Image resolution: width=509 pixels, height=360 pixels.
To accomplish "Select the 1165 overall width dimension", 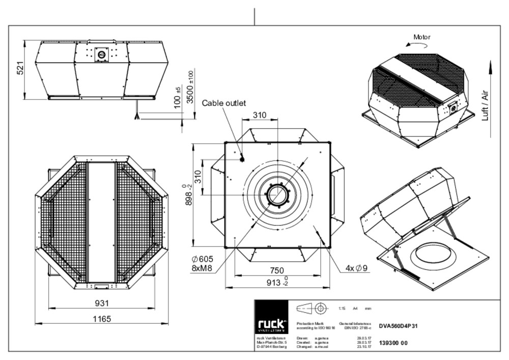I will [x=102, y=319].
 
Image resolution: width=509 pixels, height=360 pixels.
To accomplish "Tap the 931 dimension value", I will [x=102, y=303].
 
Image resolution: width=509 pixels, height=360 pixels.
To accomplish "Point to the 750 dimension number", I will [x=276, y=270].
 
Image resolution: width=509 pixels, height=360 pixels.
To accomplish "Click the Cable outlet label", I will [x=224, y=103].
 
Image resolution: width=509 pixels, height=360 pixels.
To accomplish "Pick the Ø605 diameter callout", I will [x=202, y=259].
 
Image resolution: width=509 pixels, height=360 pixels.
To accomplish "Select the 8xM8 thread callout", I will [x=202, y=268].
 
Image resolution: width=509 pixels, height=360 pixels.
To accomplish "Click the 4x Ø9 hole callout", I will [x=356, y=268].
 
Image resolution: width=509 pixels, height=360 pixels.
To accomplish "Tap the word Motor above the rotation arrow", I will [x=421, y=37].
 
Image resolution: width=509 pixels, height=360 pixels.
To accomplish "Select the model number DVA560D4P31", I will [x=399, y=326].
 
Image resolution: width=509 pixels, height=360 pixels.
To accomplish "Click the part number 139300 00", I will [x=393, y=343].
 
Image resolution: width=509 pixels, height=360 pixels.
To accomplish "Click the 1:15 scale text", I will [x=342, y=309].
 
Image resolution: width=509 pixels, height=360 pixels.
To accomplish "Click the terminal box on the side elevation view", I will [x=101, y=54].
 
